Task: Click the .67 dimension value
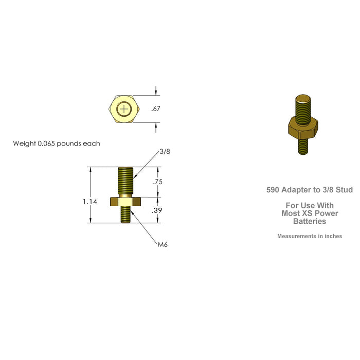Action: [x=156, y=109]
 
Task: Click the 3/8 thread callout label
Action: [x=165, y=152]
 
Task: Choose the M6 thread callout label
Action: [x=163, y=244]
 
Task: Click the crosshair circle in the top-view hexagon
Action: [x=124, y=109]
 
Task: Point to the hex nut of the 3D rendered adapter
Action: [x=302, y=129]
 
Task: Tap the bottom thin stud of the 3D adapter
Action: [x=303, y=146]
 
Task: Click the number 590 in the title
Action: [x=274, y=190]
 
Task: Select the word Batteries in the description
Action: [x=310, y=221]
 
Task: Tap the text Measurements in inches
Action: [x=310, y=237]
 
